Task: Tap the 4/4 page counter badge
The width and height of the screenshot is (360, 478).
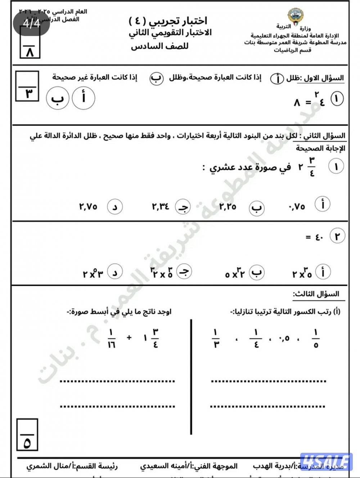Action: (x=32, y=23)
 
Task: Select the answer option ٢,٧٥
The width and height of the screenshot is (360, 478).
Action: (x=89, y=207)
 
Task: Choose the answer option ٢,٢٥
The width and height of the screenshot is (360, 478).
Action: (x=228, y=207)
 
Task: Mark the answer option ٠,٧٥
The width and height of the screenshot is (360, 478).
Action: (x=297, y=207)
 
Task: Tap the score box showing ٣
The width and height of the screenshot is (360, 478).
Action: (x=27, y=86)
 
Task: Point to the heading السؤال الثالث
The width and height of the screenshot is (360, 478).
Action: (x=316, y=294)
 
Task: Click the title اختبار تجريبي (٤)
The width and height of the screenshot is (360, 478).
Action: (x=168, y=21)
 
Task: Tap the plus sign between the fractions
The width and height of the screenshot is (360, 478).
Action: (x=129, y=338)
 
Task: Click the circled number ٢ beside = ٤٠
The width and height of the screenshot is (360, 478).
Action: (x=337, y=237)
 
